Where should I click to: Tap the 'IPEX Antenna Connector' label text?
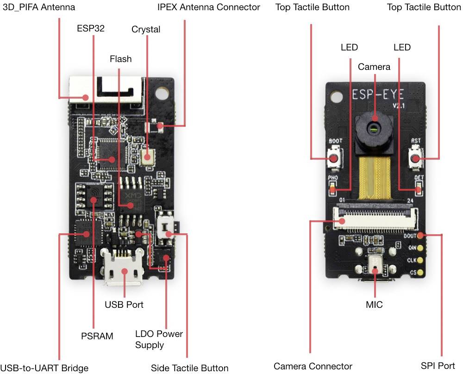point(208,7)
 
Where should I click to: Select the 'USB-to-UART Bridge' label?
point(44,368)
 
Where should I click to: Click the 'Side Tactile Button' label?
point(189,368)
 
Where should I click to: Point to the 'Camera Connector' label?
point(313,366)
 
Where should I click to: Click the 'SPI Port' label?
point(438,366)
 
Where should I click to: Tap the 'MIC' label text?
point(374,305)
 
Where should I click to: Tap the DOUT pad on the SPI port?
point(420,236)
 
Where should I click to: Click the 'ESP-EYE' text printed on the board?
point(377,94)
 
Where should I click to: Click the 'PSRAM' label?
point(97,336)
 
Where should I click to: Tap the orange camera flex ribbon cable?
point(374,176)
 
